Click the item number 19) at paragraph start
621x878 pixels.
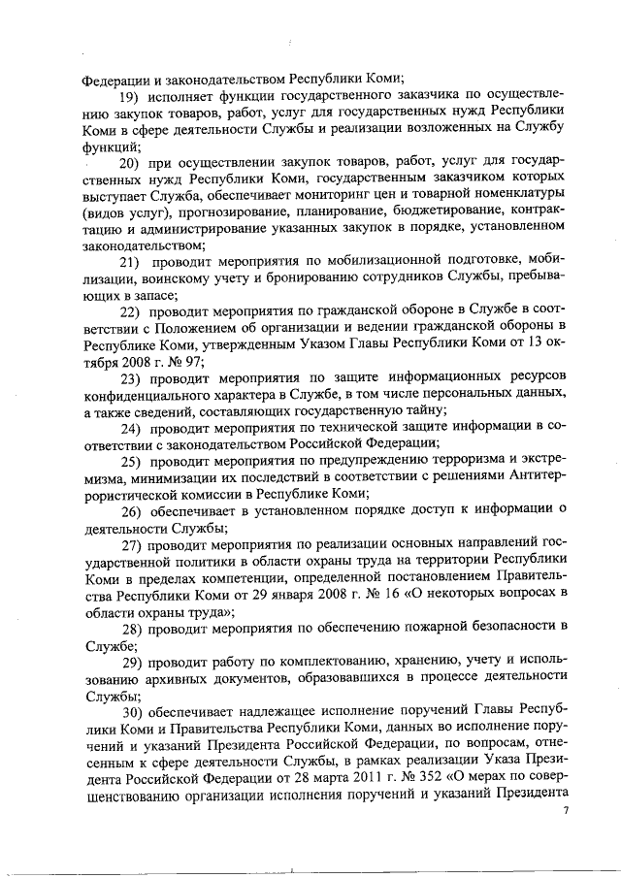coord(130,97)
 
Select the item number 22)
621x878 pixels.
coord(130,310)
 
